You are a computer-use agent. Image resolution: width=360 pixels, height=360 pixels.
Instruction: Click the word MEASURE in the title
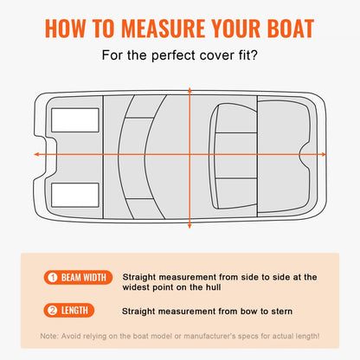click(165, 27)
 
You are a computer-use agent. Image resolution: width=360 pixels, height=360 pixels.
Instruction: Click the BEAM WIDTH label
click(83, 278)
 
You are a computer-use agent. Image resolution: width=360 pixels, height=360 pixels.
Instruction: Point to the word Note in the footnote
click(50, 335)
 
